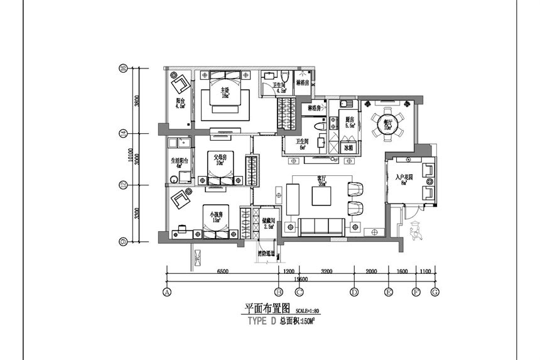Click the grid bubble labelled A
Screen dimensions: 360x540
167,292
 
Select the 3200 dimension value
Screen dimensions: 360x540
327,272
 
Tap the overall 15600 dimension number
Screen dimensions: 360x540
301,278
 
